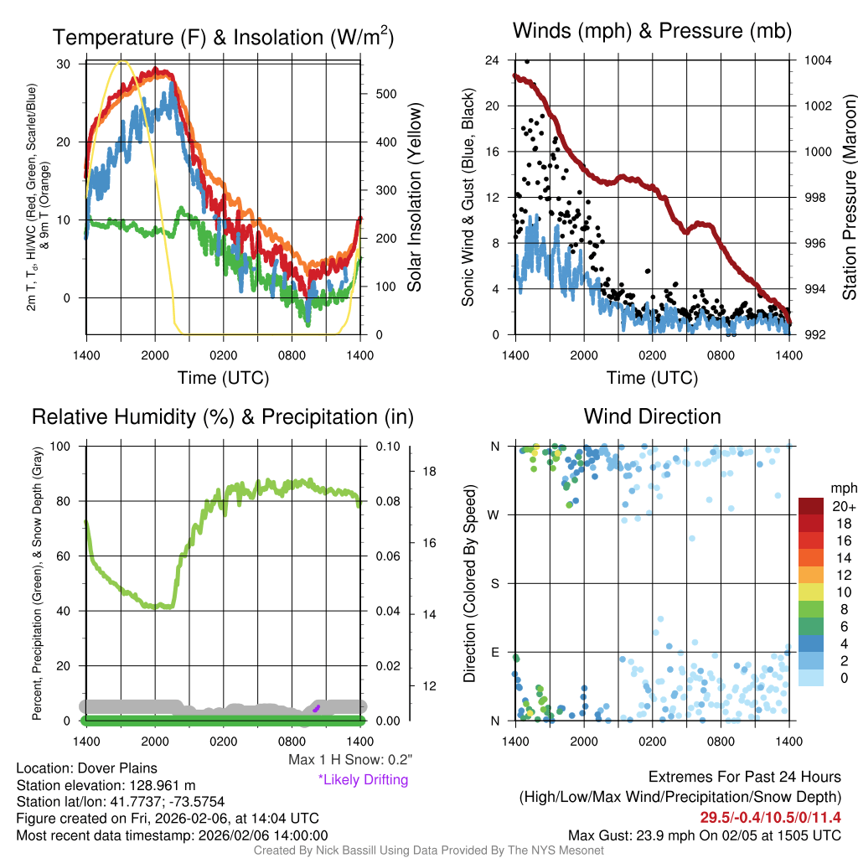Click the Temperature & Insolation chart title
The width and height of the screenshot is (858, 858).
[x=223, y=38]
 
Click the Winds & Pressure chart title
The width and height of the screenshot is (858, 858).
[x=652, y=31]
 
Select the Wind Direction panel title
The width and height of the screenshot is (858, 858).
[x=652, y=416]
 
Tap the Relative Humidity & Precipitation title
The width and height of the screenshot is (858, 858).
[x=222, y=416]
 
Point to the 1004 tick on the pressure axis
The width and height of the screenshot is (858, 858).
[x=816, y=60]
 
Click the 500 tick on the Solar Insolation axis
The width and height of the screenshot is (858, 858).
[x=385, y=94]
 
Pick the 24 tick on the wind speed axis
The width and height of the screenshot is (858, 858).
[x=494, y=60]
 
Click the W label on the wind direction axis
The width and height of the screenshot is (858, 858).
[x=494, y=514]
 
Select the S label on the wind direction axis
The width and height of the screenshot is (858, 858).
[x=495, y=583]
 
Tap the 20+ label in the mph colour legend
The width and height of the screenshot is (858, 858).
[x=840, y=507]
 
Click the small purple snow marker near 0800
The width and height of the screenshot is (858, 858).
[x=317, y=708]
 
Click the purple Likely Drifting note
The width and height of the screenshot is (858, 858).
[x=363, y=779]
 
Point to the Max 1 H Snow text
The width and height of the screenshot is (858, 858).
[x=349, y=759]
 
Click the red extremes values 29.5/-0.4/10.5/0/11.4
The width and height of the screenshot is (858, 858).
[x=770, y=817]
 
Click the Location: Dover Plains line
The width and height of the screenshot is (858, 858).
[x=86, y=768]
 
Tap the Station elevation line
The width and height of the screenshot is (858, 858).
[x=106, y=785]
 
